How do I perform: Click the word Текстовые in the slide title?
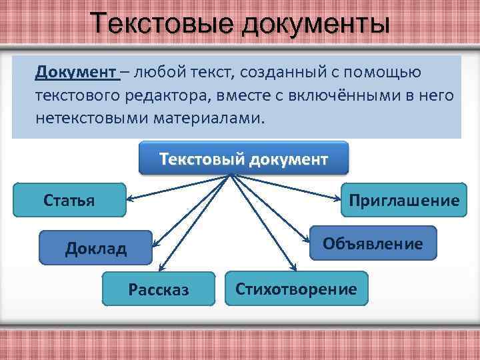click(x=163, y=24)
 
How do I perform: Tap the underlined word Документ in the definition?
click(x=77, y=71)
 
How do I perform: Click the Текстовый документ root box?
click(x=243, y=159)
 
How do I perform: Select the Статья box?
click(x=69, y=199)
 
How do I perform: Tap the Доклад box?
click(x=95, y=248)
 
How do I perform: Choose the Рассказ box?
click(x=159, y=289)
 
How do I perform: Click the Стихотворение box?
click(x=296, y=289)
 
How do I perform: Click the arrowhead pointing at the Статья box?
click(x=131, y=199)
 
